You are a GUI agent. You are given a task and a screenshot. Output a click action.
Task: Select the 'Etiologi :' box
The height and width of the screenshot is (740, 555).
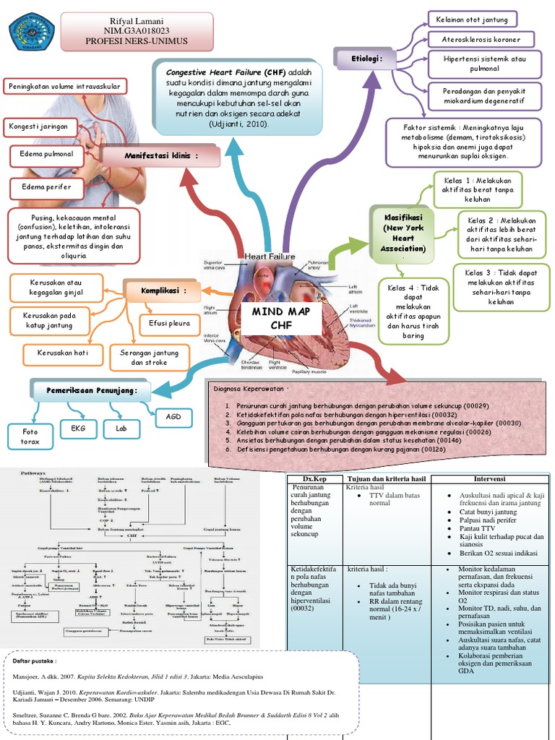(362, 58)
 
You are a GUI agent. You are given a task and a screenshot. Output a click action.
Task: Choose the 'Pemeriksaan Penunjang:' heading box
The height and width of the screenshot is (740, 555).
(92, 391)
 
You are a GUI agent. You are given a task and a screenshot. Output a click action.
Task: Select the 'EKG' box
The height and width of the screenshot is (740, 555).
(77, 429)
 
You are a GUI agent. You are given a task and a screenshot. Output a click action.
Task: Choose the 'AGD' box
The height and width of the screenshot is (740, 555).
(174, 416)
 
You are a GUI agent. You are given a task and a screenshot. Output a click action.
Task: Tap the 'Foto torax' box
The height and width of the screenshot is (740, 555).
(30, 436)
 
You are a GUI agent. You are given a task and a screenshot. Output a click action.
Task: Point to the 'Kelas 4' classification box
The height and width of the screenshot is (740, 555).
(413, 311)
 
